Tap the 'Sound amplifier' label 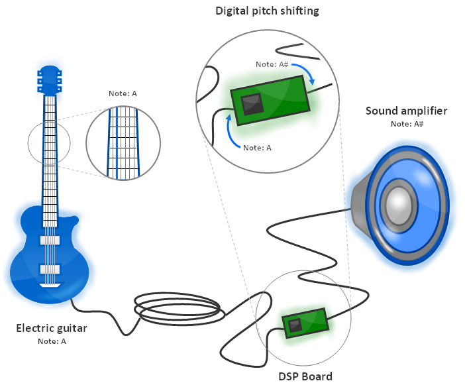[406, 110]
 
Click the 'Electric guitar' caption [51, 328]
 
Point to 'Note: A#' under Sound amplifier [406, 124]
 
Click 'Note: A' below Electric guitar [51, 342]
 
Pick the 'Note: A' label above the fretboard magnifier [123, 93]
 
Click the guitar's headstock [50, 79]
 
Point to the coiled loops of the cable [176, 309]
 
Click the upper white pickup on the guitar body [50, 239]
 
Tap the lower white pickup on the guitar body [50, 269]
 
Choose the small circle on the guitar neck [49, 143]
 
